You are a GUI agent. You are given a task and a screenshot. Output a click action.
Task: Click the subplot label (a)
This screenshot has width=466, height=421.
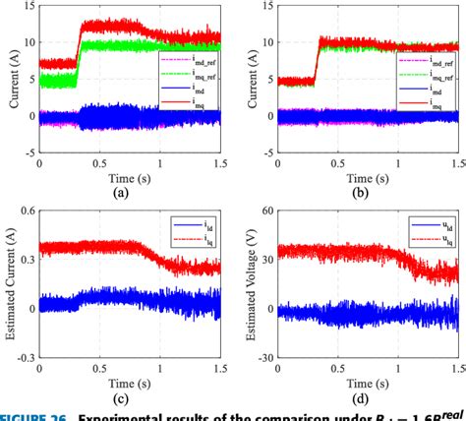(x=121, y=195)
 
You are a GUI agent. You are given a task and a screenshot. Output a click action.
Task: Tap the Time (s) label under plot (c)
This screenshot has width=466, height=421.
(x=121, y=381)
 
